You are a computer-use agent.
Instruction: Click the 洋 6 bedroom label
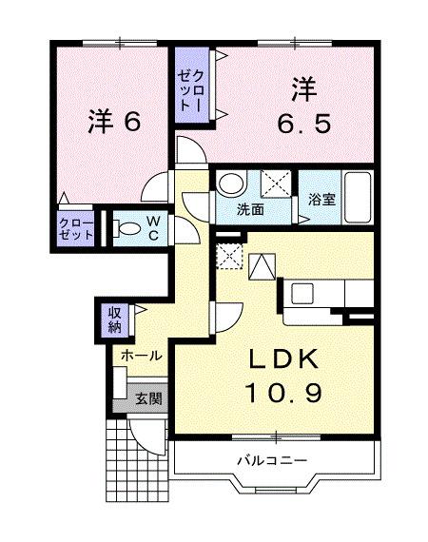point(115,121)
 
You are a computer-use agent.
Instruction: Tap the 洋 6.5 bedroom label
point(304,108)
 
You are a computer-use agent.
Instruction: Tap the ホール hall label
point(140,355)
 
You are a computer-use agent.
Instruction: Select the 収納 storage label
point(114,319)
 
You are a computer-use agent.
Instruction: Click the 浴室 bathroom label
point(321,200)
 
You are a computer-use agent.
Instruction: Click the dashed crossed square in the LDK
point(228,256)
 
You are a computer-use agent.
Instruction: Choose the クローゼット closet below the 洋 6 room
point(75,228)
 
